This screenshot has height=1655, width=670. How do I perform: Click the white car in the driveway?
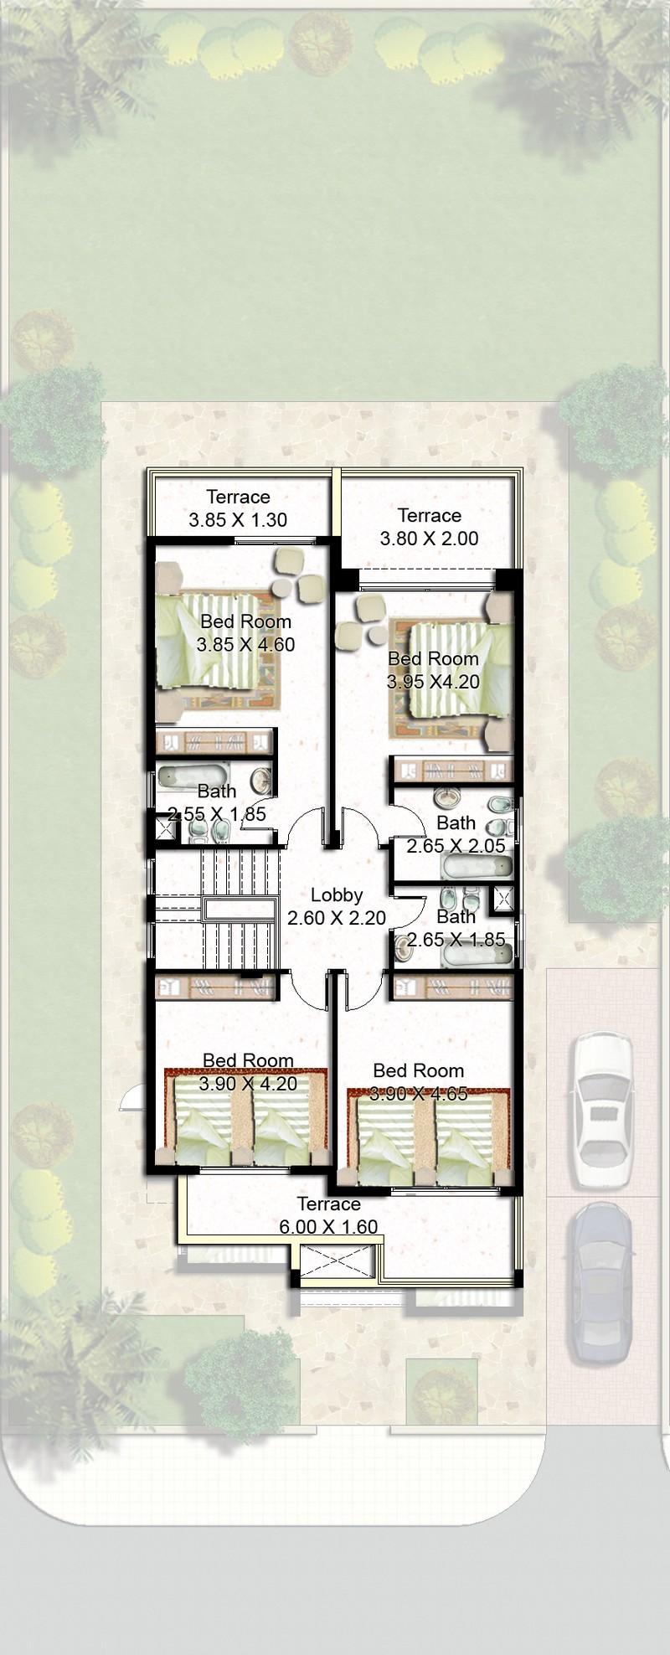pyautogui.click(x=601, y=1109)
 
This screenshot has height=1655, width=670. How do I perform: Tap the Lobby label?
pyautogui.click(x=337, y=895)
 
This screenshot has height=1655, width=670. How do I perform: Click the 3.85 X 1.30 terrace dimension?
pyautogui.click(x=238, y=520)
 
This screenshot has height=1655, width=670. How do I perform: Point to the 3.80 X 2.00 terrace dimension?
pyautogui.click(x=429, y=539)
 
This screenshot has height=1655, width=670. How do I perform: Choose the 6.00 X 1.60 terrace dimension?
pyautogui.click(x=328, y=1227)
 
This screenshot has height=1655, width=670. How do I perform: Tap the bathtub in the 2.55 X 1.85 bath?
pyautogui.click(x=193, y=776)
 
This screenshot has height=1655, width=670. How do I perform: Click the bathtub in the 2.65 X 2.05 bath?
pyautogui.click(x=476, y=866)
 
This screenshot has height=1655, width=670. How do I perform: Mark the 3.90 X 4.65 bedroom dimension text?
pyautogui.click(x=419, y=1094)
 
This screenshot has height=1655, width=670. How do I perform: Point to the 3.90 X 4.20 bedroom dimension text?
pyautogui.click(x=248, y=1084)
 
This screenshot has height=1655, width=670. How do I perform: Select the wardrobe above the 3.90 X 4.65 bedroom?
pyautogui.click(x=453, y=987)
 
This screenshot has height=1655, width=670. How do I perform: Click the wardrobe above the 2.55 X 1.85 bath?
pyautogui.click(x=215, y=742)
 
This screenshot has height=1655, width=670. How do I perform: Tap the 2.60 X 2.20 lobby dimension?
pyautogui.click(x=337, y=918)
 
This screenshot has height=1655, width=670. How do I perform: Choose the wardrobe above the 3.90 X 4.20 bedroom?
pyautogui.click(x=215, y=987)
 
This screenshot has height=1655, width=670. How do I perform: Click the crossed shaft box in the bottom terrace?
pyautogui.click(x=336, y=1264)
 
